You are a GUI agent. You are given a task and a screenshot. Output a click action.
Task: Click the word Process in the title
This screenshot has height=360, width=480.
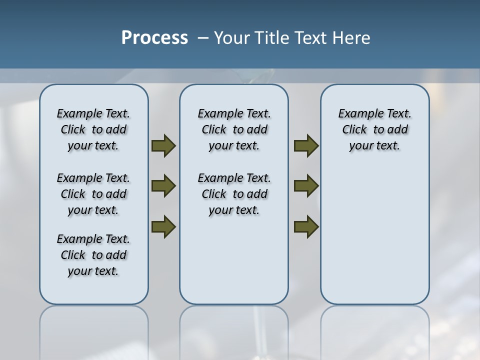tap(154, 38)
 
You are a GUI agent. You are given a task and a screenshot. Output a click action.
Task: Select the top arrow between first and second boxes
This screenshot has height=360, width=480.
tap(163, 146)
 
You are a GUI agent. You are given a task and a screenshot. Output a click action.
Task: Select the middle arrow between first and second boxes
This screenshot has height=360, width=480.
tap(163, 186)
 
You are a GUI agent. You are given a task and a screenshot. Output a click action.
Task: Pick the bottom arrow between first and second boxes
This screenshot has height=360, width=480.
tap(163, 226)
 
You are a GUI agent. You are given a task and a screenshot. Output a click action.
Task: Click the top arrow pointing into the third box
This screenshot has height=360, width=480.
tap(306, 146)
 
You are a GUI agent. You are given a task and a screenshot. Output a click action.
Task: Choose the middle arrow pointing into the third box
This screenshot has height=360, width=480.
tap(306, 186)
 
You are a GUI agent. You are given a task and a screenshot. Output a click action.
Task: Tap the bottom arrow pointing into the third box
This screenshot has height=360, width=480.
tap(306, 226)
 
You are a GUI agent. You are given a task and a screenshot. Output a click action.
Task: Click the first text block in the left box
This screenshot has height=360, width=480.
tap(93, 129)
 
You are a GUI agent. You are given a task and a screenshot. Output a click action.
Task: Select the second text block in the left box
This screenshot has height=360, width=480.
tap(93, 194)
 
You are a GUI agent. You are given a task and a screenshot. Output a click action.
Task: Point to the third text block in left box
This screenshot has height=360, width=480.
tap(93, 255)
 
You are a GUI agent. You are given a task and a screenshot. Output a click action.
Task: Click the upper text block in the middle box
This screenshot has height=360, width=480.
tap(234, 129)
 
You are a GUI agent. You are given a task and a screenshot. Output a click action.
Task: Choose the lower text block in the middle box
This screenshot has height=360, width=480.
tap(234, 194)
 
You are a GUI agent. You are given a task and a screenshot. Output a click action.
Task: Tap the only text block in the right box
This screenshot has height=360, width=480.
tap(374, 129)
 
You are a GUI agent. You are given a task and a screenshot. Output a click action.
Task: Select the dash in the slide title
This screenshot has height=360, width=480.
tap(203, 38)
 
